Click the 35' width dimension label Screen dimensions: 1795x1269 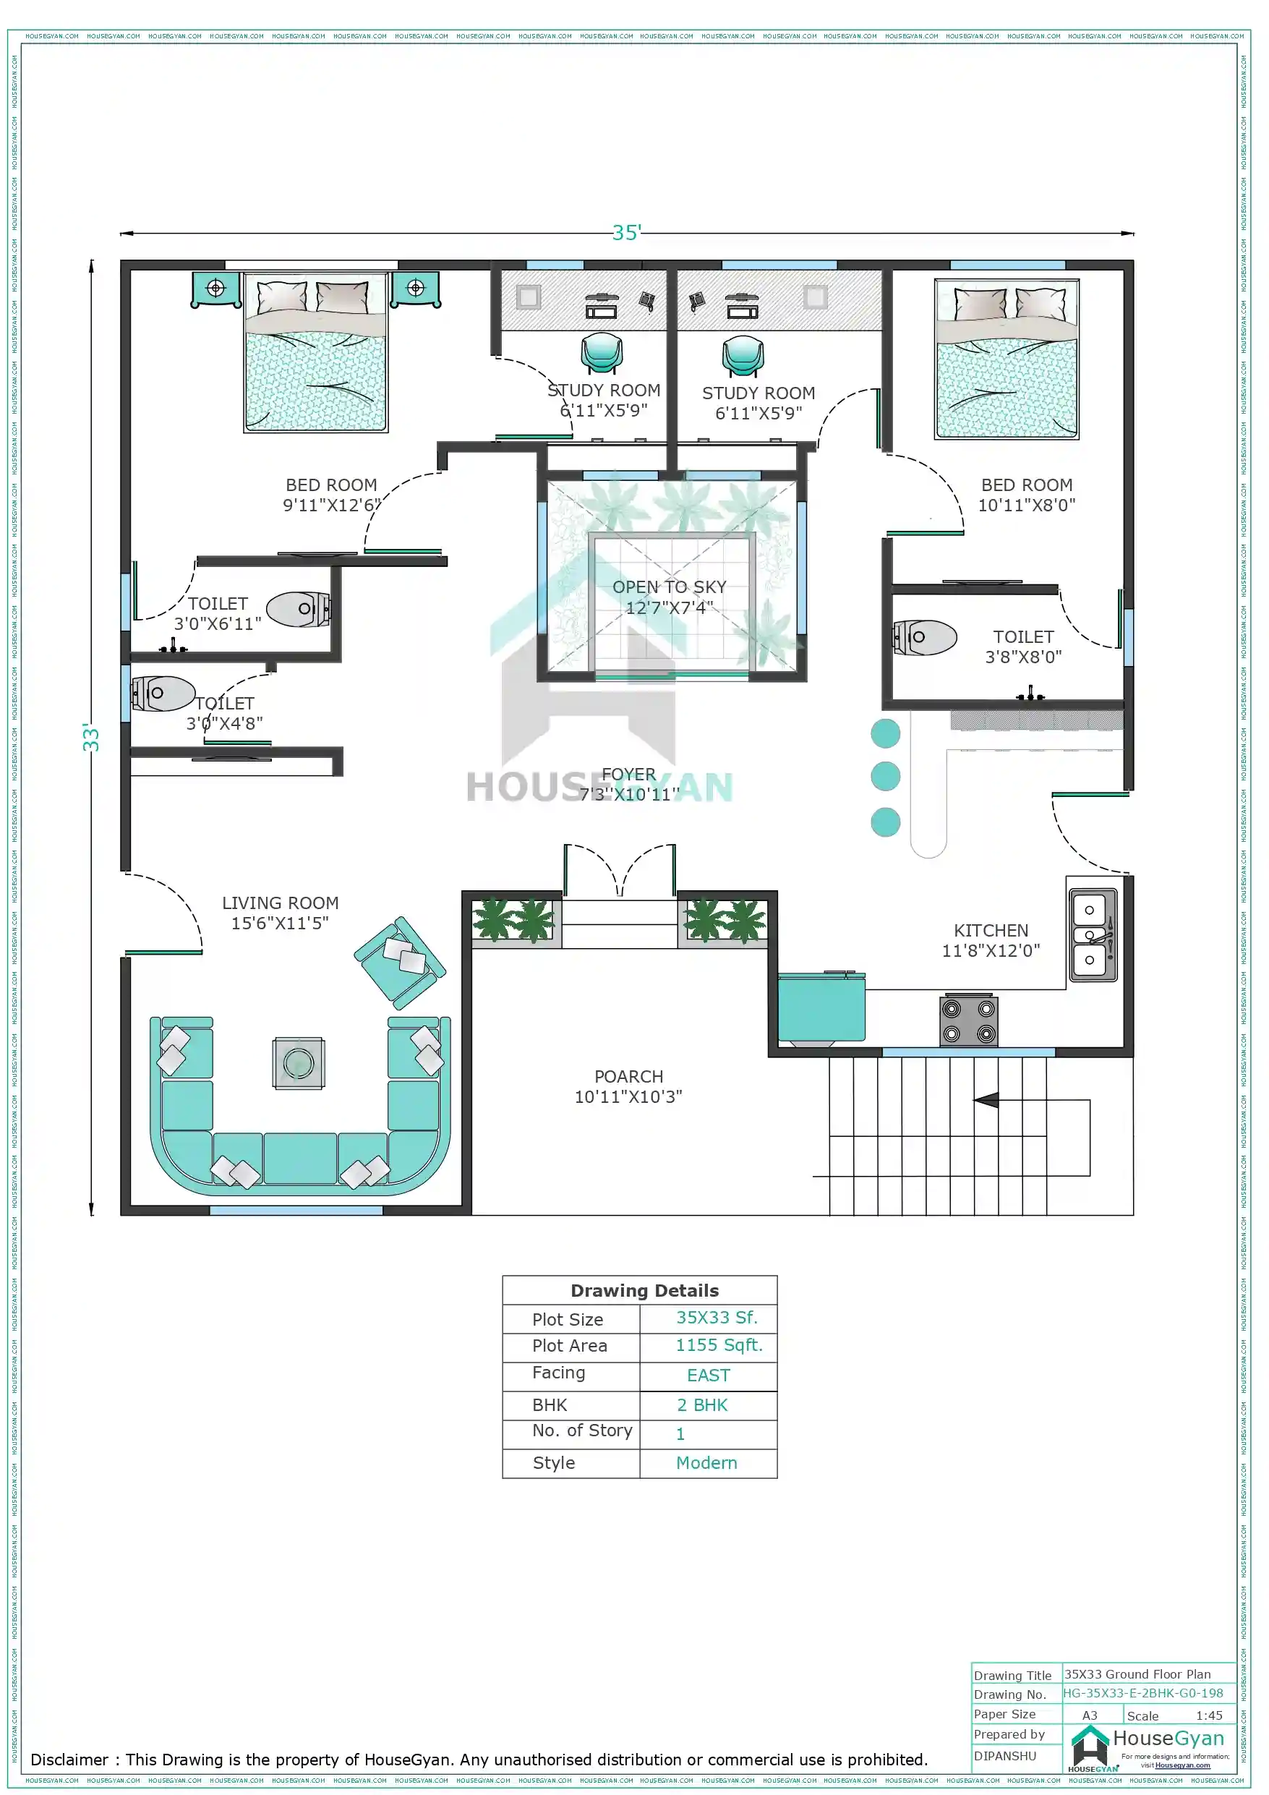click(x=626, y=232)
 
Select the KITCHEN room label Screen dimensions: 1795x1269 click(x=990, y=930)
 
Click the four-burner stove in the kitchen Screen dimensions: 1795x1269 click(x=968, y=1020)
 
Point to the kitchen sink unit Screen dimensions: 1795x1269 click(x=1093, y=935)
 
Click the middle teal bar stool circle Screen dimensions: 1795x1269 click(x=885, y=776)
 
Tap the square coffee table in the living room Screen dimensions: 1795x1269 click(x=299, y=1062)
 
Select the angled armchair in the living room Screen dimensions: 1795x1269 click(x=401, y=963)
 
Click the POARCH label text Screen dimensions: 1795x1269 click(x=628, y=1077)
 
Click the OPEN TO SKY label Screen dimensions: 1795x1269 click(x=670, y=587)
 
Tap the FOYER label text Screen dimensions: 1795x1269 click(x=628, y=774)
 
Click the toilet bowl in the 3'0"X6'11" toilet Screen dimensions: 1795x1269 click(x=298, y=609)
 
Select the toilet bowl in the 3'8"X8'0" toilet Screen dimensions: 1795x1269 click(x=925, y=637)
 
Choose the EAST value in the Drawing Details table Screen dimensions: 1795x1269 click(x=709, y=1375)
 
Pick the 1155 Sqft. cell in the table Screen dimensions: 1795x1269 click(x=719, y=1344)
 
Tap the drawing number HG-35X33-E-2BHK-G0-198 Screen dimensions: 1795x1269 click(x=1142, y=1692)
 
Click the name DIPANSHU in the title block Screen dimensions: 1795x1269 click(x=1005, y=1755)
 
